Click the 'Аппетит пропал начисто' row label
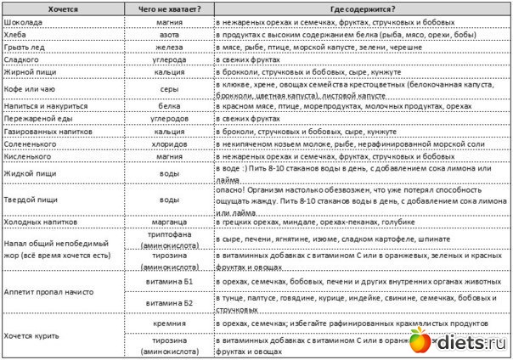[48, 292]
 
